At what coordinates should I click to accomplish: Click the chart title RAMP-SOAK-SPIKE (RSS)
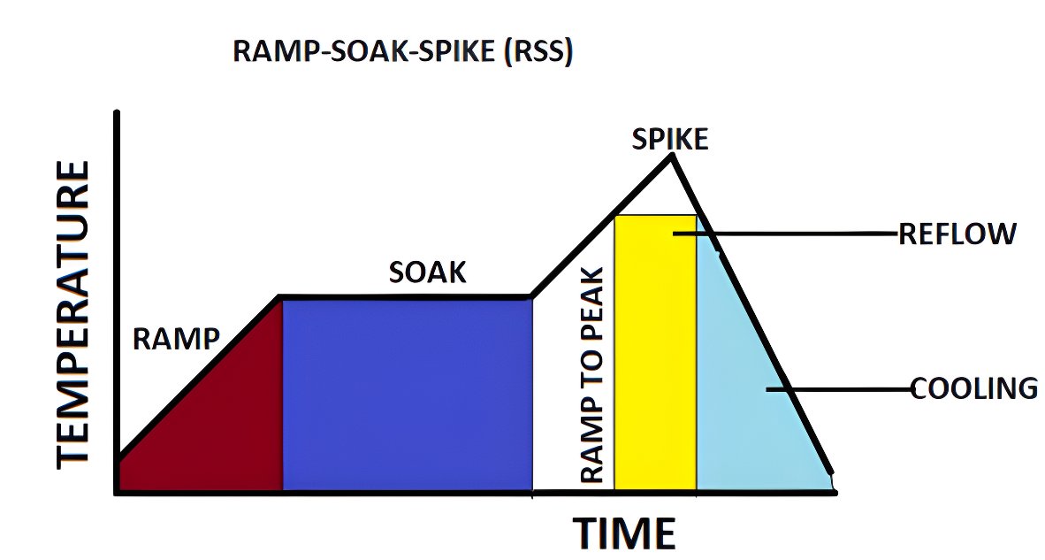tap(402, 51)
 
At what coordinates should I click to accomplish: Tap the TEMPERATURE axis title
tap(73, 314)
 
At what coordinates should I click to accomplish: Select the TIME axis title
tap(624, 533)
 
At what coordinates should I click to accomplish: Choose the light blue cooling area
tap(751, 425)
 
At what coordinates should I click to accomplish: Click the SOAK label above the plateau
tap(427, 272)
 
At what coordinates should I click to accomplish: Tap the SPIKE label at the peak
tap(669, 139)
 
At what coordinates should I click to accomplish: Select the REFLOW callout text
tap(957, 234)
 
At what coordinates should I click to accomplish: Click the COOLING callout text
tap(973, 388)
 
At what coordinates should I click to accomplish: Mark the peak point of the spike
tap(672, 156)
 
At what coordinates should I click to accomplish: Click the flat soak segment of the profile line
tap(407, 297)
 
